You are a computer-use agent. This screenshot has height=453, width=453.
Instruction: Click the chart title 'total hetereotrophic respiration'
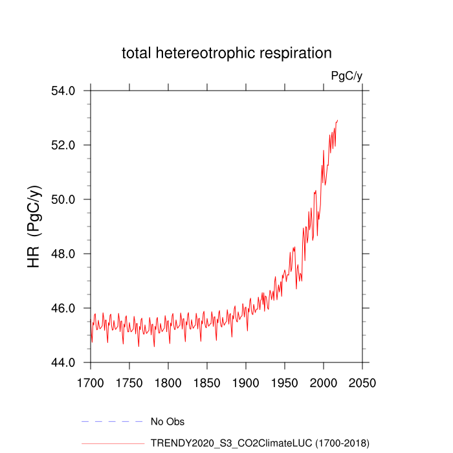[x=226, y=53]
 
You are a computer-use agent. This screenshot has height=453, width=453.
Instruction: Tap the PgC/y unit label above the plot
[x=346, y=76]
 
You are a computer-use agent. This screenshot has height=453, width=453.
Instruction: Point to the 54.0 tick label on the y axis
[x=63, y=91]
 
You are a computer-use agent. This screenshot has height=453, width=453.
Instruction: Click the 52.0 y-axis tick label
[x=63, y=145]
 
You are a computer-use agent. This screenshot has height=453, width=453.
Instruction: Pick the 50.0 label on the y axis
[x=63, y=199]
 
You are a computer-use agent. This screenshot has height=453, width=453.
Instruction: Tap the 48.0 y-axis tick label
[x=63, y=254]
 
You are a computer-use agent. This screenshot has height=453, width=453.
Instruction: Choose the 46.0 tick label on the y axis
[x=63, y=308]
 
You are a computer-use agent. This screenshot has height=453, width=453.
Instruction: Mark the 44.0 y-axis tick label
[x=63, y=362]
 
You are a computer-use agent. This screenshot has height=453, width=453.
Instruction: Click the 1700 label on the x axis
[x=91, y=382]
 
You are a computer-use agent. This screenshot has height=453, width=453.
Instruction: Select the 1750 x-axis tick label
[x=129, y=382]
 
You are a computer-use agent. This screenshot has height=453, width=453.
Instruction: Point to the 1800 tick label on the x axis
[x=168, y=382]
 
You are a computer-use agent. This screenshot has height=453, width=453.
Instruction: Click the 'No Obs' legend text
[x=167, y=422]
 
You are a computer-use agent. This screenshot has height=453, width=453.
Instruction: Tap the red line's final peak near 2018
[x=338, y=120]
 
